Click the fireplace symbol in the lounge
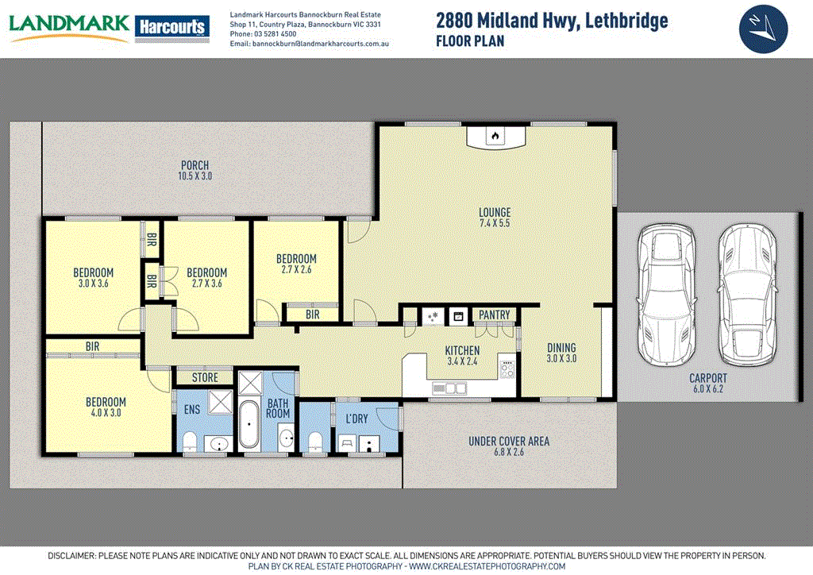495,136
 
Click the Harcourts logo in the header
172,27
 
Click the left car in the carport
667,294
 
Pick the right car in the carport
746,294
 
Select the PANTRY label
494,315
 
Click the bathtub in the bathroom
249,426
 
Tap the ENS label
193,410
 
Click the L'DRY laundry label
356,419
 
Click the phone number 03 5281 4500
275,34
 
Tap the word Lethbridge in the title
625,21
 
